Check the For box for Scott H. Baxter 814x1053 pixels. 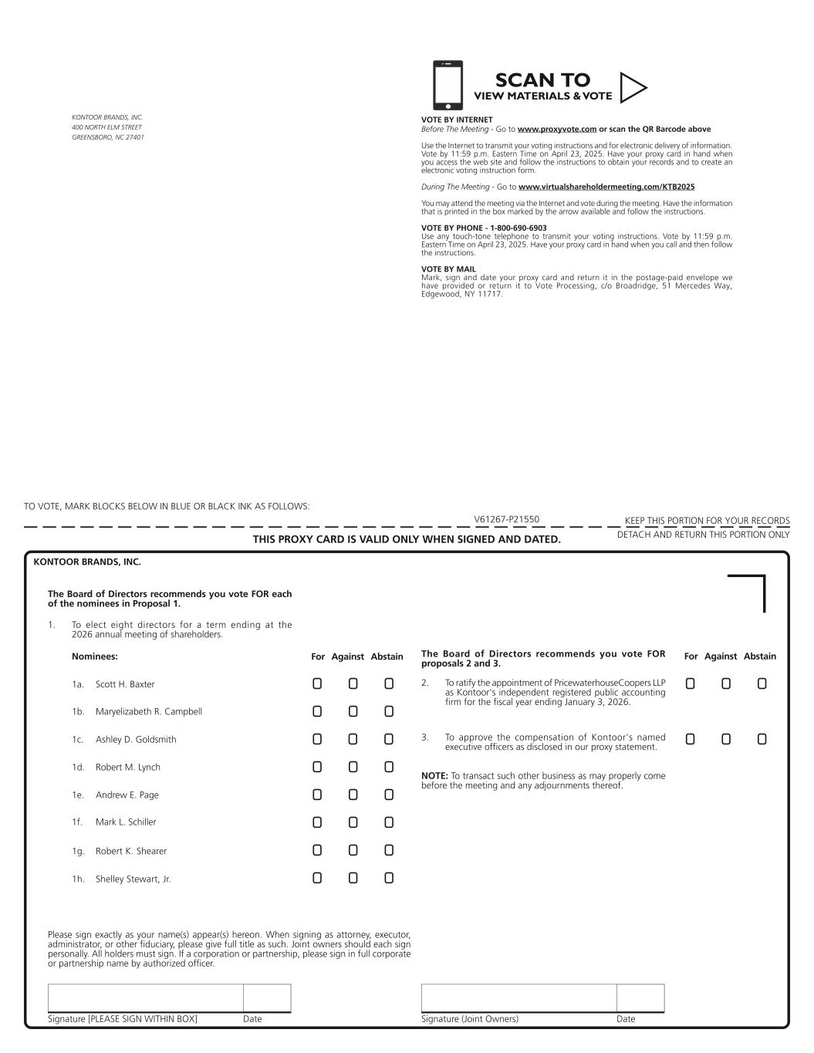(x=317, y=683)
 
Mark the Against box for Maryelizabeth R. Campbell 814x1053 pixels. (x=353, y=711)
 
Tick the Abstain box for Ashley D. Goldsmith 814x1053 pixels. (x=389, y=739)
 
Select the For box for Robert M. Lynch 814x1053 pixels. (x=317, y=767)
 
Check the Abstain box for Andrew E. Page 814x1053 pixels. (x=389, y=795)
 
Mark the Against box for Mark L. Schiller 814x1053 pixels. (x=353, y=822)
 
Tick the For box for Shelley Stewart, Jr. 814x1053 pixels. (x=317, y=878)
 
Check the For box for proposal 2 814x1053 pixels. (x=690, y=683)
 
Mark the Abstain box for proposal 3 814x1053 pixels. (x=762, y=739)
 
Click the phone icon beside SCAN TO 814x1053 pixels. (x=448, y=85)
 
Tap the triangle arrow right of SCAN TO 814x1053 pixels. (x=633, y=88)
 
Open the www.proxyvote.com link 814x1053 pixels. (x=556, y=130)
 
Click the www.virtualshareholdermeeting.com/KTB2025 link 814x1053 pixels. (x=606, y=187)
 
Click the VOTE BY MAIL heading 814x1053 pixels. (x=448, y=269)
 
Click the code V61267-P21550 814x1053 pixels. (x=506, y=520)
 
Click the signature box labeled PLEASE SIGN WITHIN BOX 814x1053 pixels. (x=145, y=997)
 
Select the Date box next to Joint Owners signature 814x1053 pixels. (x=640, y=997)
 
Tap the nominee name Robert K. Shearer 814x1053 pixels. (x=131, y=852)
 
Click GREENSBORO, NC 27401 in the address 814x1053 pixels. (x=107, y=137)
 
